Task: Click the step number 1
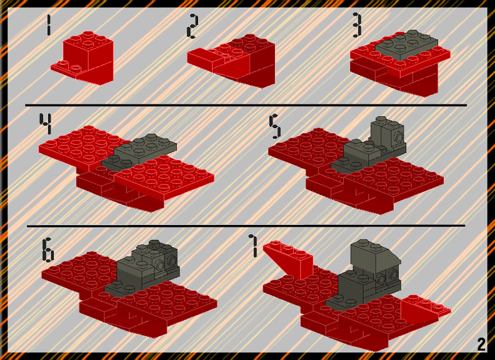(x=48, y=26)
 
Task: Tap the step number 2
(x=192, y=26)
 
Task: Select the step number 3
(x=357, y=25)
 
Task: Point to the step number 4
(x=46, y=124)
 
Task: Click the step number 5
(x=275, y=127)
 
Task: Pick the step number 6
(x=48, y=250)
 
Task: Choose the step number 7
(x=254, y=246)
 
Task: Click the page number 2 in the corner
(x=481, y=344)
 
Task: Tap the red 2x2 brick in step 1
(x=88, y=57)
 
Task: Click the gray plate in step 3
(x=406, y=45)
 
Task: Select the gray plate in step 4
(x=139, y=151)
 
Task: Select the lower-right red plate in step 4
(x=164, y=177)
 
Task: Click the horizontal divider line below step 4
(x=246, y=226)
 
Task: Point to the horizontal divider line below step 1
(x=246, y=104)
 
